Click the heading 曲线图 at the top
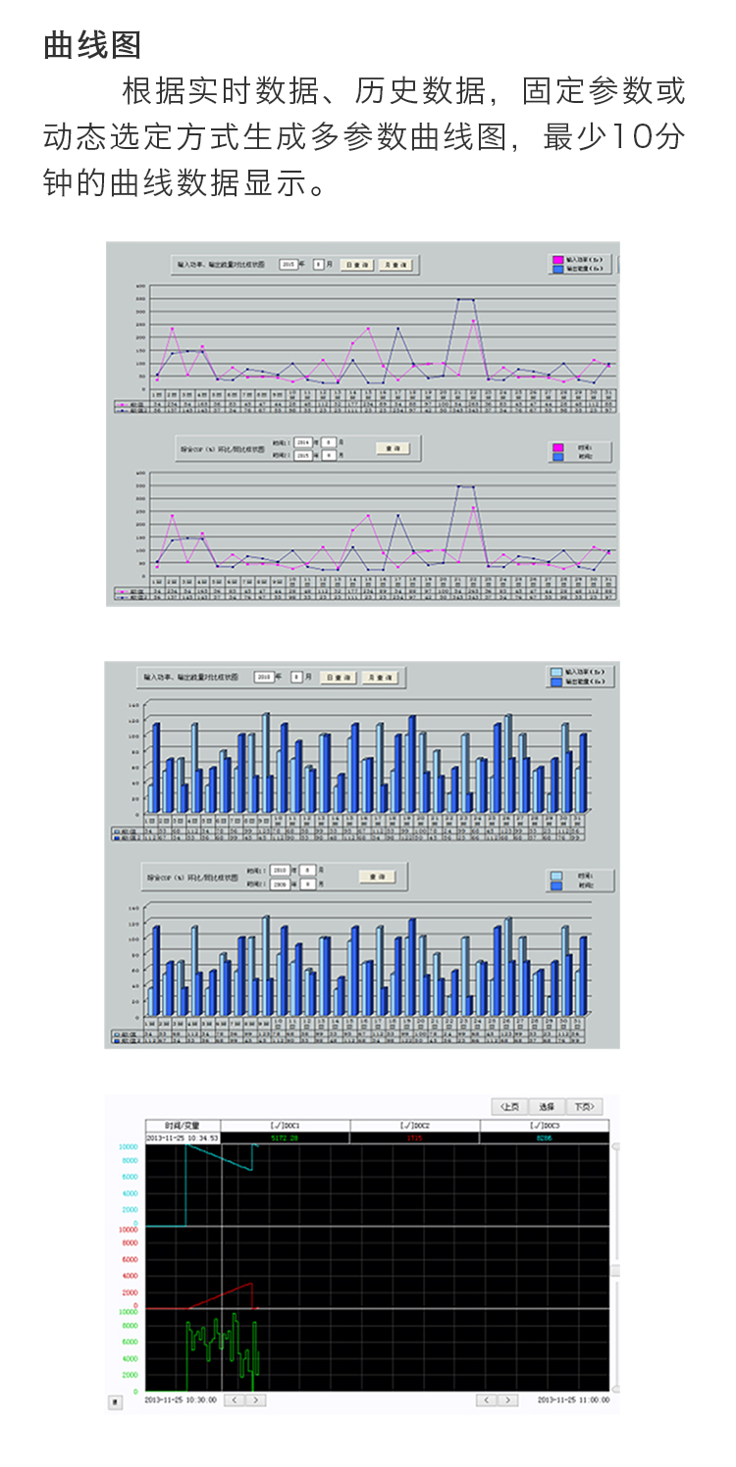pos(92,45)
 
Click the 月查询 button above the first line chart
pos(396,265)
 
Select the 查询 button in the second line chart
pos(393,447)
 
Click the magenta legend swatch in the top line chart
pos(558,260)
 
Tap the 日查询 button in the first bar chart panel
pos(338,677)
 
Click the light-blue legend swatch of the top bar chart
pos(556,673)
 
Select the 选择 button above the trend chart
pos(547,1106)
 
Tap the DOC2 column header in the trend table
pos(414,1125)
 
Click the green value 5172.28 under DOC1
pos(285,1138)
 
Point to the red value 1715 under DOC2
pos(414,1138)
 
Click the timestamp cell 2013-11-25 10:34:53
pos(183,1138)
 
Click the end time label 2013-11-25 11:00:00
pos(573,1400)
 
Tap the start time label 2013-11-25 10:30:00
pos(181,1400)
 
